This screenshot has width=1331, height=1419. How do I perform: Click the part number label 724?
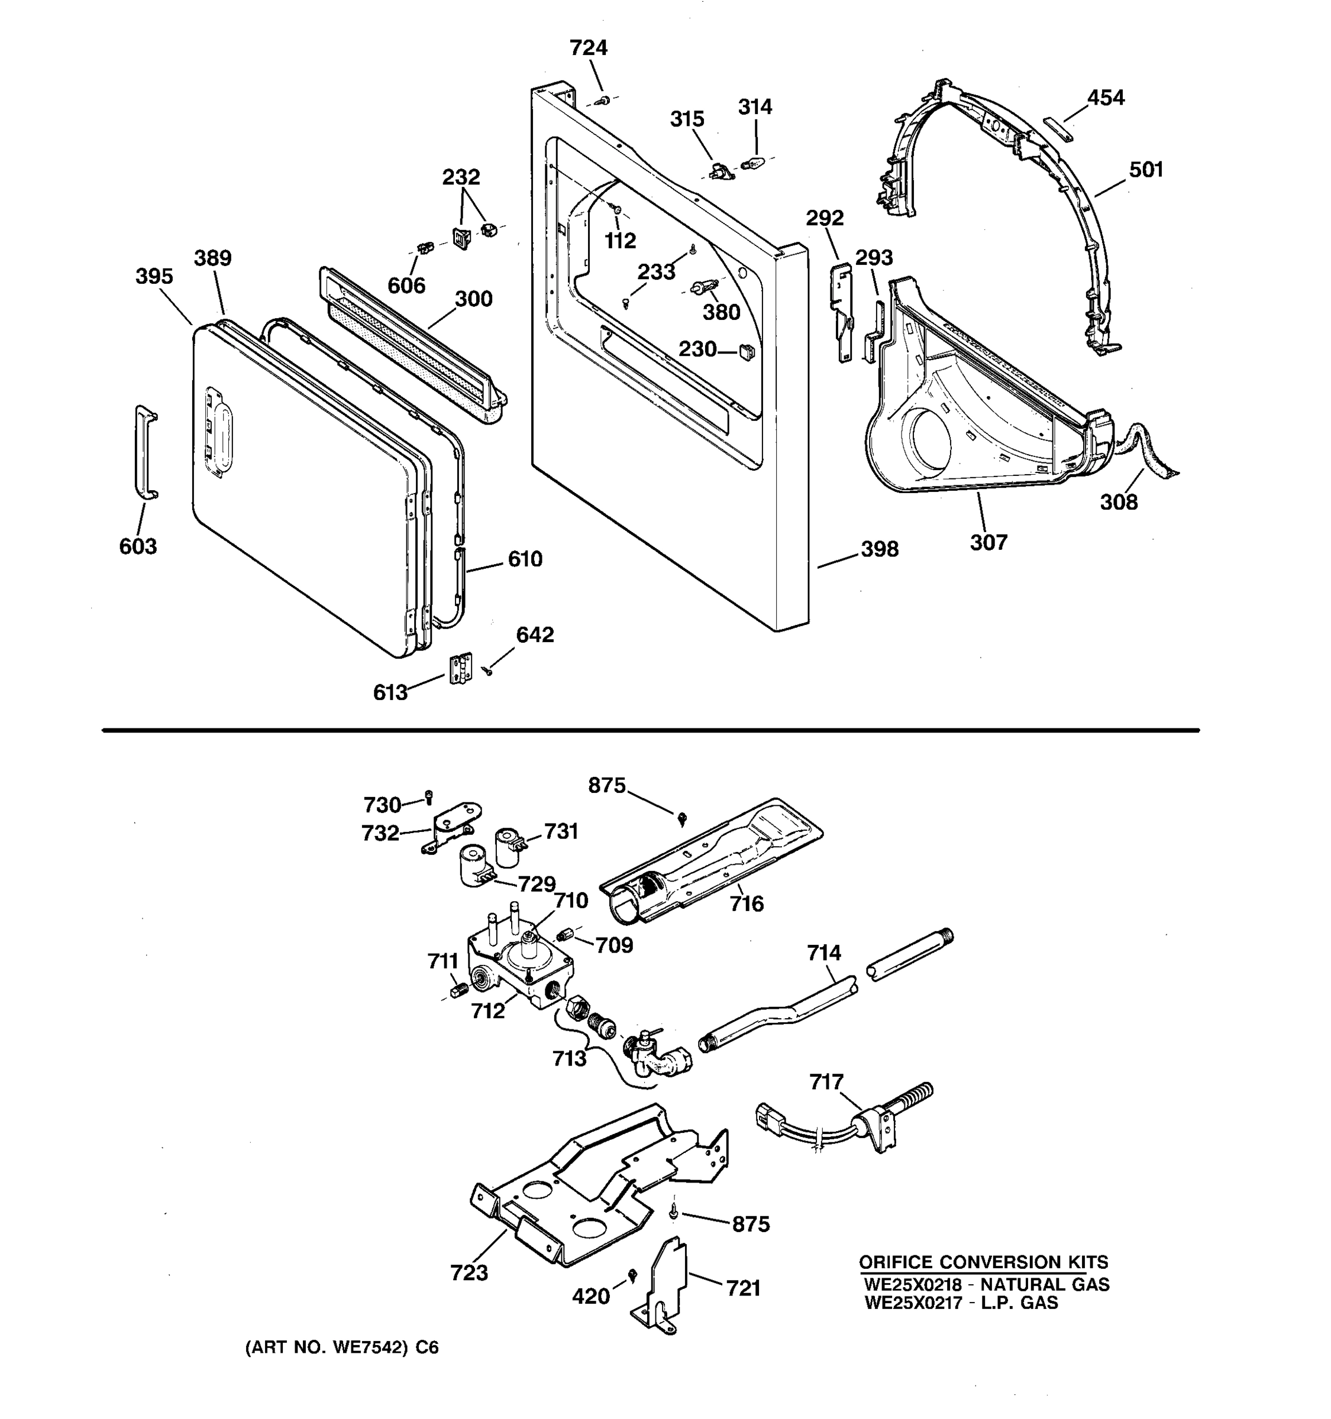point(589,48)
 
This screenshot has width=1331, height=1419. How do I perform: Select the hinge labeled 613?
point(461,669)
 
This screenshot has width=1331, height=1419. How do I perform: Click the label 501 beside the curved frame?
point(1145,170)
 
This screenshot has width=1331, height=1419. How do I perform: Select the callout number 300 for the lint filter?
point(473,299)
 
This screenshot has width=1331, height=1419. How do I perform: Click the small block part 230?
point(747,351)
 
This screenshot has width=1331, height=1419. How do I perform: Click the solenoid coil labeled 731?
point(508,839)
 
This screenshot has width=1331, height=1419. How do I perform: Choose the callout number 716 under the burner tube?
point(746,905)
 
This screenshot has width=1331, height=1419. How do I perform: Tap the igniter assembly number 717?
point(826,1082)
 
